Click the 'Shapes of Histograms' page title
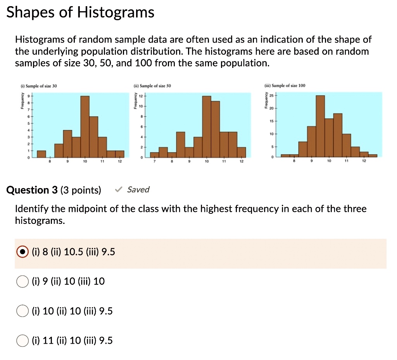pyautogui.click(x=81, y=13)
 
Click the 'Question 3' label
pyautogui.click(x=32, y=190)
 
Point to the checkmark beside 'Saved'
pyautogui.click(x=119, y=190)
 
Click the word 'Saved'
pyautogui.click(x=138, y=190)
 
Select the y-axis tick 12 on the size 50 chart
pyautogui.click(x=142, y=95)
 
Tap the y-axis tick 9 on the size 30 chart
pyautogui.click(x=28, y=95)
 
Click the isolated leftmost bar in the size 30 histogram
pyautogui.click(x=41, y=154)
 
